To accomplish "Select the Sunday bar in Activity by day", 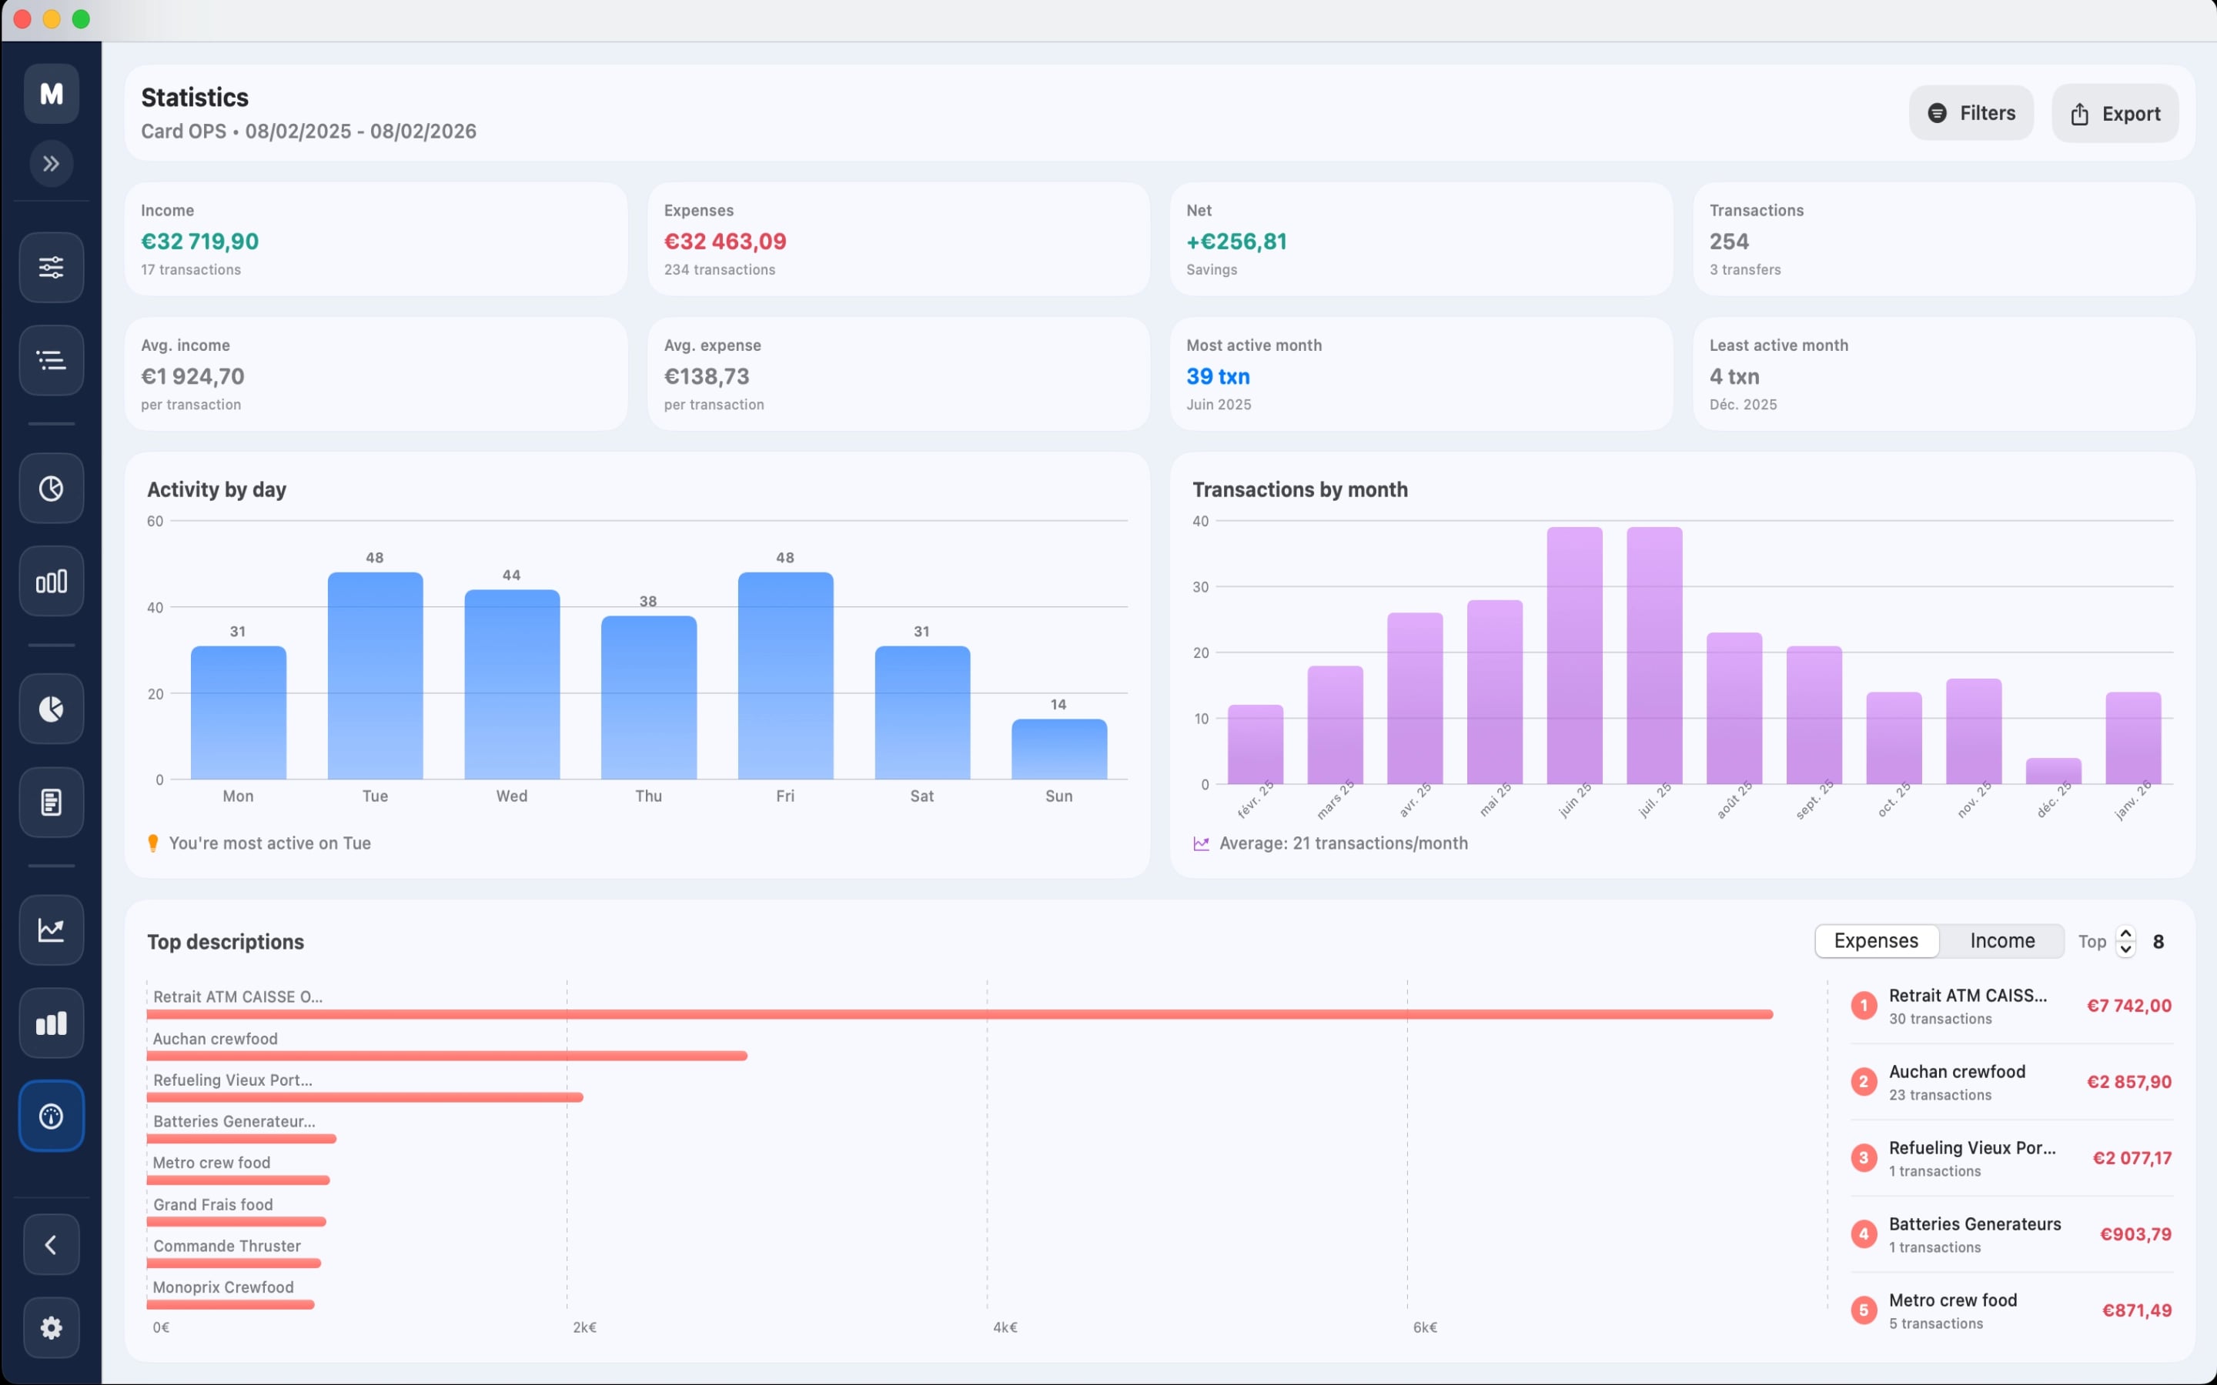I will [1058, 749].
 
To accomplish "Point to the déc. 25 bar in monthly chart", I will [2052, 771].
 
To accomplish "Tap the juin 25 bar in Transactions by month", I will [1574, 655].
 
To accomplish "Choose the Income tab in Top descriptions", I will [2001, 941].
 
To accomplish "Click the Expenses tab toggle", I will [1875, 941].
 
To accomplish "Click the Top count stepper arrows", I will [2125, 941].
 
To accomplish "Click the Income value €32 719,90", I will [199, 241].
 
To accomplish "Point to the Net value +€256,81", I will [1236, 241].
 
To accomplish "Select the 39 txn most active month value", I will [1218, 376].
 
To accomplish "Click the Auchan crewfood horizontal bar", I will [447, 1055].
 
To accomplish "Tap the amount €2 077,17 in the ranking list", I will [2131, 1158].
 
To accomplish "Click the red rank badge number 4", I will [1862, 1234].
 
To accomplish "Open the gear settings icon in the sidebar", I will [52, 1327].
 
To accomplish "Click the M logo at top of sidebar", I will [52, 93].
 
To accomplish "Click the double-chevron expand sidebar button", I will [52, 164].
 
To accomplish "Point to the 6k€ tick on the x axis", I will [1425, 1327].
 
